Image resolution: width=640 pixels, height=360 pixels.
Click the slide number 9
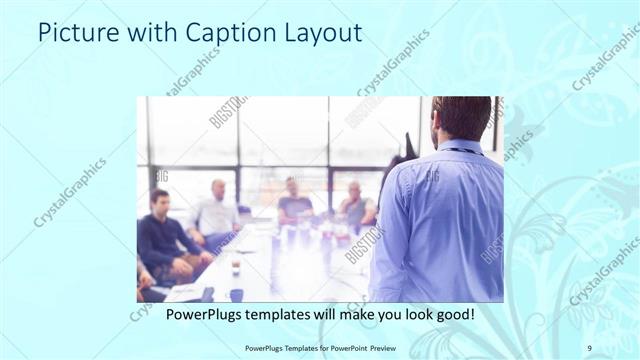point(589,347)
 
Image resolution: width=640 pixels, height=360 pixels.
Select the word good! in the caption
point(452,313)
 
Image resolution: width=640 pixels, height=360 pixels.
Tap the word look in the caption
point(409,313)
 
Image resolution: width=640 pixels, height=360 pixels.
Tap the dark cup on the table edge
point(235,294)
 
